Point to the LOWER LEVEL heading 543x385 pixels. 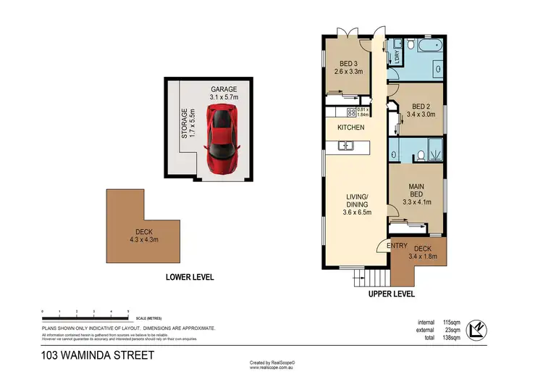pos(190,276)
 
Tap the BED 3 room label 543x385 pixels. pos(344,67)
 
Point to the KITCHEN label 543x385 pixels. pos(350,128)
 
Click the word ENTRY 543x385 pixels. pos(397,247)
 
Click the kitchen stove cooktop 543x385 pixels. pos(352,112)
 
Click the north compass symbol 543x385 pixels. pos(479,330)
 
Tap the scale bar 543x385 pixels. pos(85,318)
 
